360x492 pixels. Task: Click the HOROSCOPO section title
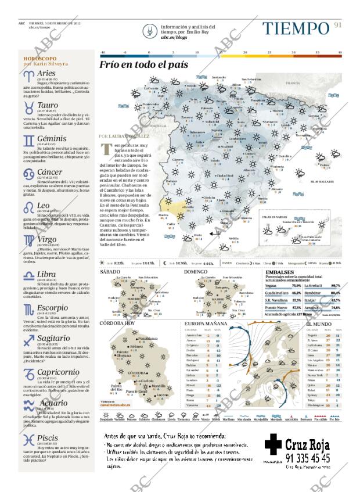[39, 59]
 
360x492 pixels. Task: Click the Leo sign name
[44, 206]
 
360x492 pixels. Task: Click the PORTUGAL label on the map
[157, 125]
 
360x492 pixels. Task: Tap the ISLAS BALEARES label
[322, 182]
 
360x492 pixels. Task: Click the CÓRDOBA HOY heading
[117, 322]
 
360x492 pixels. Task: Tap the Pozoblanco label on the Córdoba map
[147, 338]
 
